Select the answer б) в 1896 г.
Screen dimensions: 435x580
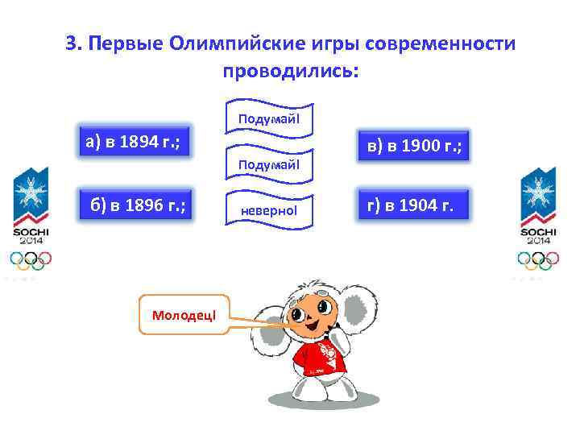pyautogui.click(x=138, y=206)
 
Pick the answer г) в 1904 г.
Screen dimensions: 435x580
pyautogui.click(x=410, y=206)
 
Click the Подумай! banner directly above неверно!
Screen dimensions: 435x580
pyautogui.click(x=268, y=164)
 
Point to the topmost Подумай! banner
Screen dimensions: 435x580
pyautogui.click(x=268, y=118)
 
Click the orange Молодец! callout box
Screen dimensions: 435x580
pyautogui.click(x=184, y=313)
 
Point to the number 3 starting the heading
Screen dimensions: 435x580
pyautogui.click(x=71, y=43)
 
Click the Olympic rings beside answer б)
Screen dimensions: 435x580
pyautogui.click(x=31, y=259)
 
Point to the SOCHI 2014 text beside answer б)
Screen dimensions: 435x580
pyautogui.click(x=31, y=235)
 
